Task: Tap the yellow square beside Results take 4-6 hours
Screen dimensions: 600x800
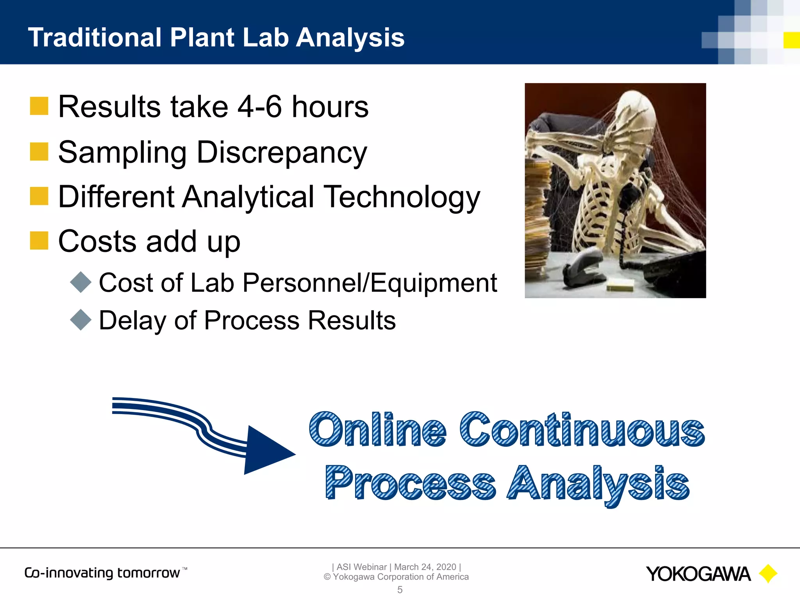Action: click(x=39, y=106)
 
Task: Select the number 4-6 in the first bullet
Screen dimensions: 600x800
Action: click(x=260, y=107)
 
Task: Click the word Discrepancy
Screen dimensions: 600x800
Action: click(x=282, y=153)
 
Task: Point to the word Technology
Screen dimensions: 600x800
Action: click(x=402, y=197)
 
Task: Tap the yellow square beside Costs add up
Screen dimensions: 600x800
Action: click(x=39, y=240)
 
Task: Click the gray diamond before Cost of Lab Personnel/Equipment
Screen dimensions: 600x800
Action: click(x=81, y=282)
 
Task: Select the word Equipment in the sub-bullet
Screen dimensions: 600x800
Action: click(x=434, y=283)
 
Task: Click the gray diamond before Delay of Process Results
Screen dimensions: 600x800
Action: click(x=81, y=320)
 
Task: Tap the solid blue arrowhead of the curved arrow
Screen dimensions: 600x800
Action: click(x=266, y=451)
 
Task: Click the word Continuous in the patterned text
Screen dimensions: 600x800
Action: click(x=582, y=430)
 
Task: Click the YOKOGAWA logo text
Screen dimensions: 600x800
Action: click(x=698, y=574)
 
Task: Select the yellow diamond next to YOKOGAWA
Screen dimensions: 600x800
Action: click(x=768, y=573)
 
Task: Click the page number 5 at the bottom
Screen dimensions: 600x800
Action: click(x=400, y=590)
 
